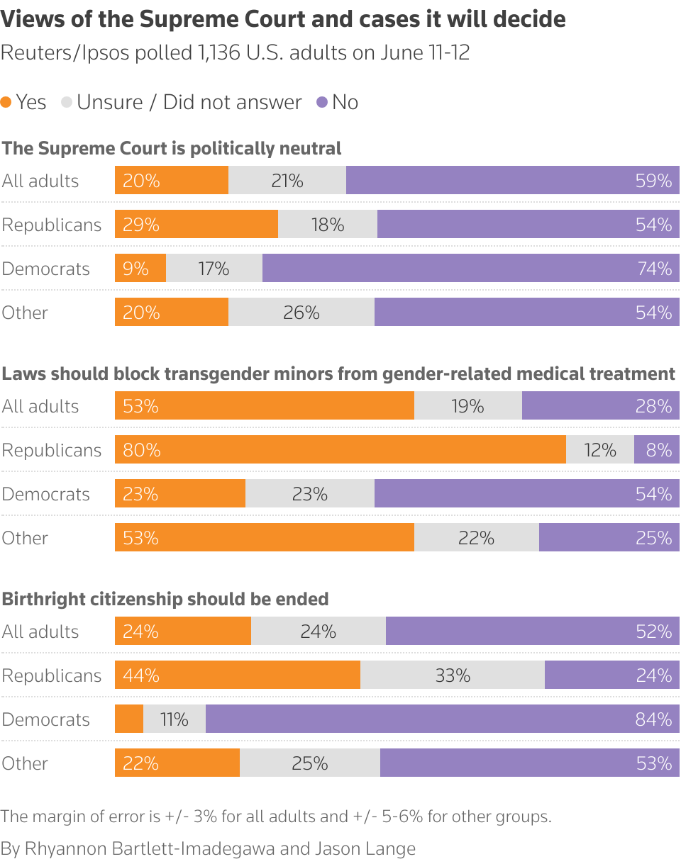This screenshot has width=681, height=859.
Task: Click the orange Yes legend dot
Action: click(6, 103)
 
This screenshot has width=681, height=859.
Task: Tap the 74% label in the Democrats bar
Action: click(654, 269)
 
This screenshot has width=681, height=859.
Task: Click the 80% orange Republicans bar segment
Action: click(340, 450)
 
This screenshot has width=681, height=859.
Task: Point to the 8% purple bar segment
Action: click(657, 450)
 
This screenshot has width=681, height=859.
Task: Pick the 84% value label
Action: click(654, 719)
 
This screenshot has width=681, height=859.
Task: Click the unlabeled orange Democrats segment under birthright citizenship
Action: click(129, 719)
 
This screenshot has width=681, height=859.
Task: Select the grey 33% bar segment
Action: click(453, 675)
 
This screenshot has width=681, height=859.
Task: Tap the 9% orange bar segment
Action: click(140, 269)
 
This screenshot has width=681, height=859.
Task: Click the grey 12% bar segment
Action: click(600, 450)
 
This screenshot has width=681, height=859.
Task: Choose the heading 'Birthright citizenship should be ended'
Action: click(165, 599)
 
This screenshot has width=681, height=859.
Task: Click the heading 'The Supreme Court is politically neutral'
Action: click(172, 148)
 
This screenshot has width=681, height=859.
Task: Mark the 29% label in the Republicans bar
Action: click(140, 225)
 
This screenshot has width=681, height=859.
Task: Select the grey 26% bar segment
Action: click(301, 313)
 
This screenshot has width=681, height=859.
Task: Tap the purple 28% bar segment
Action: click(601, 406)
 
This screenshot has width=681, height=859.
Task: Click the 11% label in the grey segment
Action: click(174, 719)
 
